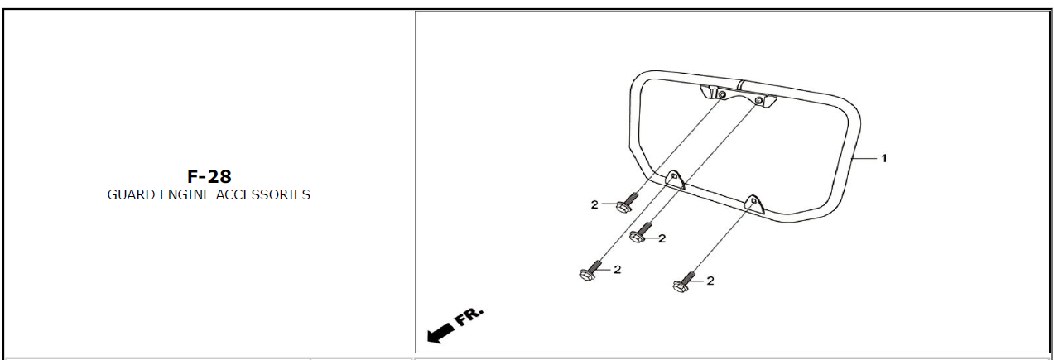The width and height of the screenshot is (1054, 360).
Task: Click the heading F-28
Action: point(209,176)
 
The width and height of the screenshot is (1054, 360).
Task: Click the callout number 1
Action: point(884,159)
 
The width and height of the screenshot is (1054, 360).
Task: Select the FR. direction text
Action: point(469,317)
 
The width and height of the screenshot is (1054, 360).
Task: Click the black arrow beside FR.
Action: point(440,334)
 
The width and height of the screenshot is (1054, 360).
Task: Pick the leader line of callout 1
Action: point(864,159)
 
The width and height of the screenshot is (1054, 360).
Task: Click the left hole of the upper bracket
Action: point(722,95)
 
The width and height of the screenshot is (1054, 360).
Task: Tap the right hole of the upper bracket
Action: point(758,101)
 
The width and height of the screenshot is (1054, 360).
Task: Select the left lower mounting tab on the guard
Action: point(675,180)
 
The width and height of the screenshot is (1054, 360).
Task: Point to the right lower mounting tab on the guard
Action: point(753,204)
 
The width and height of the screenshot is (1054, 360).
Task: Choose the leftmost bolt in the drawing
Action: point(591,271)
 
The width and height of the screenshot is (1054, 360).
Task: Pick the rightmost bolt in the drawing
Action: point(685,281)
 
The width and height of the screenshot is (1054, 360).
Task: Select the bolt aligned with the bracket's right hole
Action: point(641,233)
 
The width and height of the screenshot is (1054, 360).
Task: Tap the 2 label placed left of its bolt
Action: point(594,205)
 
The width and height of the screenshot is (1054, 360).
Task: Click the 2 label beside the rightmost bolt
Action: point(710,281)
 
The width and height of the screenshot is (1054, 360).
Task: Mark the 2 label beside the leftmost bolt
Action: point(618,270)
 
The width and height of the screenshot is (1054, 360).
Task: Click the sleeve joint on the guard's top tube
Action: point(740,84)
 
